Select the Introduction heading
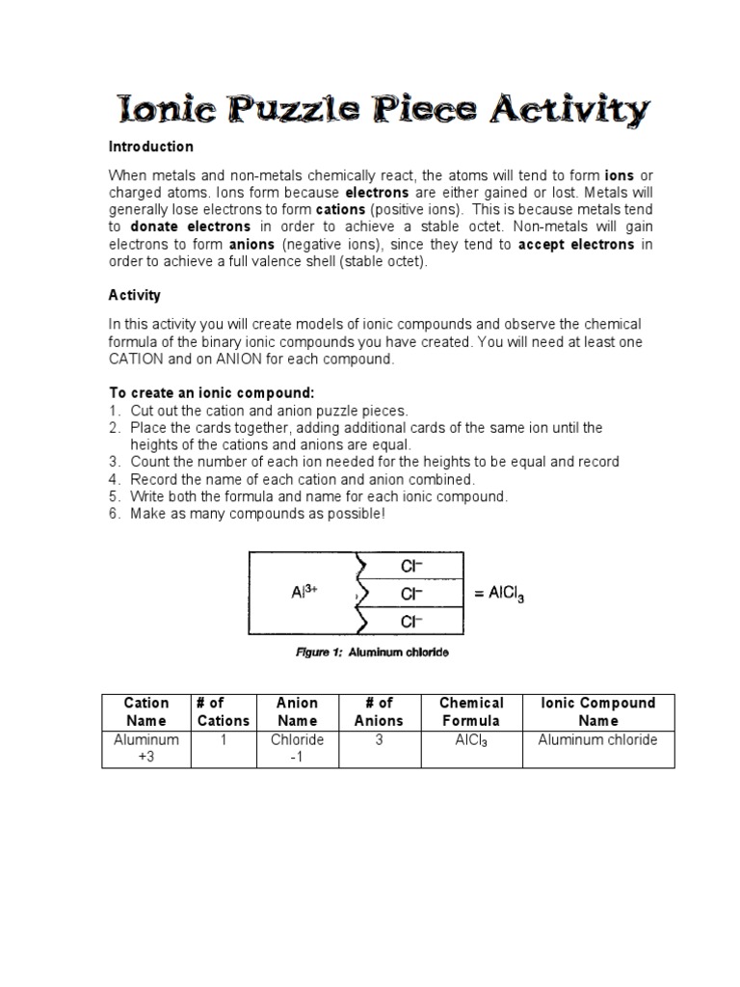(x=150, y=147)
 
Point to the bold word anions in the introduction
(x=251, y=244)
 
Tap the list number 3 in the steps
(x=113, y=462)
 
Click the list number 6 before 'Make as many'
(x=113, y=514)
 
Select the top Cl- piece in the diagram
(x=413, y=566)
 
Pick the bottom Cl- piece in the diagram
(x=413, y=621)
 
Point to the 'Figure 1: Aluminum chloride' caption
(x=371, y=653)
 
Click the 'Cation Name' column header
(x=146, y=711)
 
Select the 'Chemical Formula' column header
(x=471, y=711)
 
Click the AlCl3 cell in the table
(x=471, y=740)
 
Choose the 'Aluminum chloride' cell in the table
(x=597, y=739)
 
